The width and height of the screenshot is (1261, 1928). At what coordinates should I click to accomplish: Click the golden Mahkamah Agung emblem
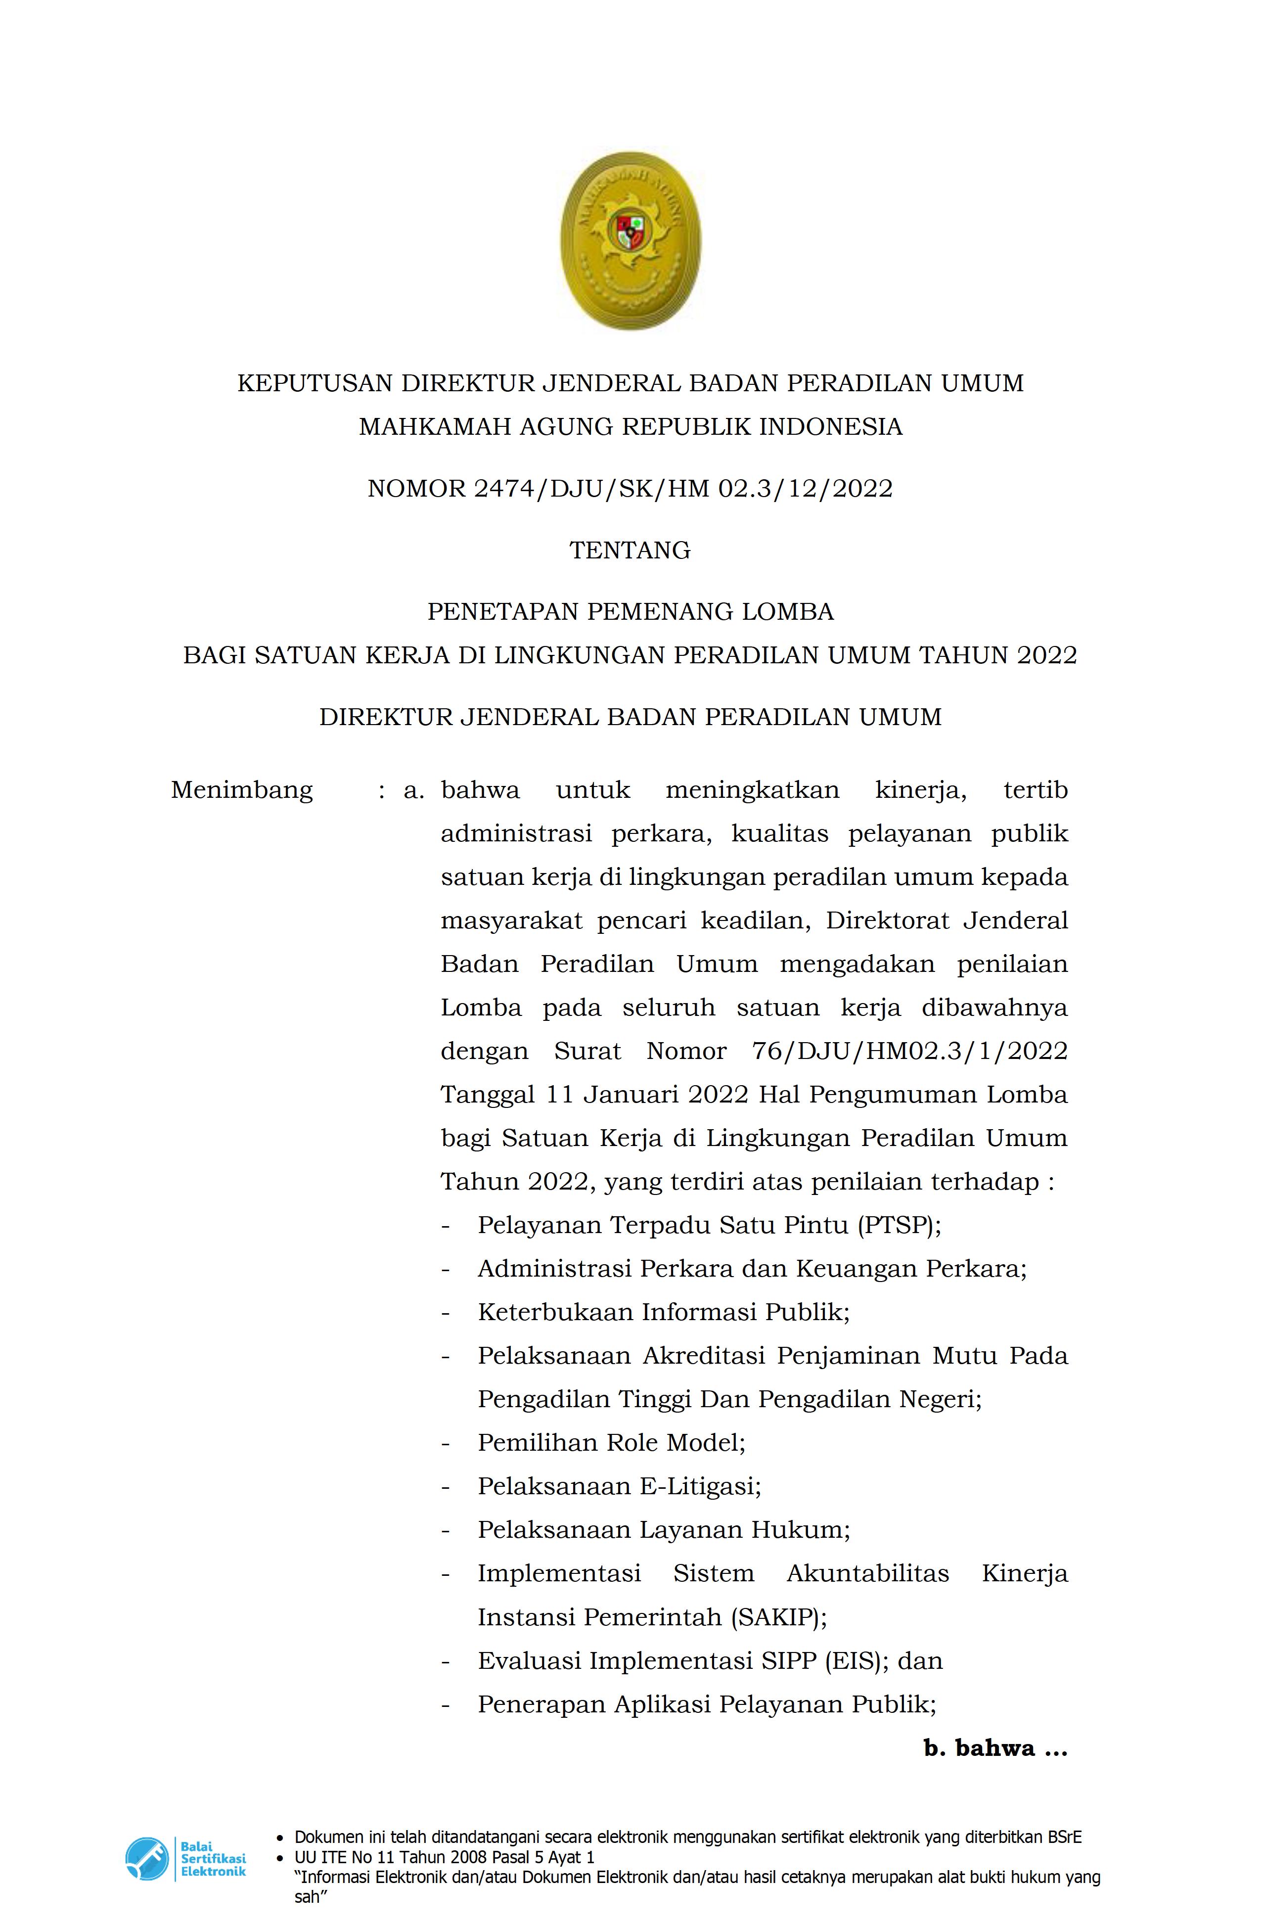pyautogui.click(x=630, y=240)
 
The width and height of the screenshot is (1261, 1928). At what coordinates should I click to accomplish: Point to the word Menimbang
pyautogui.click(x=241, y=790)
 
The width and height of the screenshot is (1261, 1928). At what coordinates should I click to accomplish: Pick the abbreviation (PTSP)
pyautogui.click(x=898, y=1225)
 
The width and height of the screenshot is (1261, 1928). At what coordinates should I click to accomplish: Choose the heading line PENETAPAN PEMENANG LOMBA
pyautogui.click(x=630, y=612)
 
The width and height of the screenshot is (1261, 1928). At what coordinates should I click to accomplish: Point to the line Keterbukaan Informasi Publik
pyautogui.click(x=663, y=1312)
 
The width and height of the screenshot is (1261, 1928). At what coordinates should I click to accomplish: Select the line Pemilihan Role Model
pyautogui.click(x=612, y=1443)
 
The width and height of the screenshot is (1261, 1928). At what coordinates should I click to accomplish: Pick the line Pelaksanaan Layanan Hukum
pyautogui.click(x=663, y=1530)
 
